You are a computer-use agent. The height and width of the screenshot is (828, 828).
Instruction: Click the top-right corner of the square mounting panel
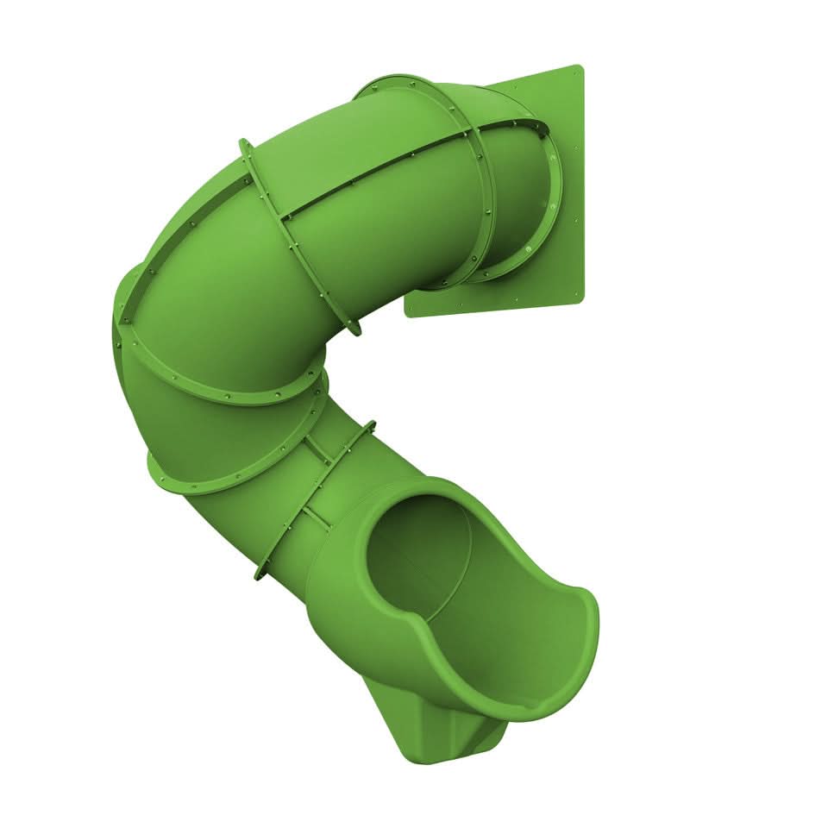tap(580, 67)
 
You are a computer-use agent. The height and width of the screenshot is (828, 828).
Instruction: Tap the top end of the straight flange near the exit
tap(372, 423)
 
